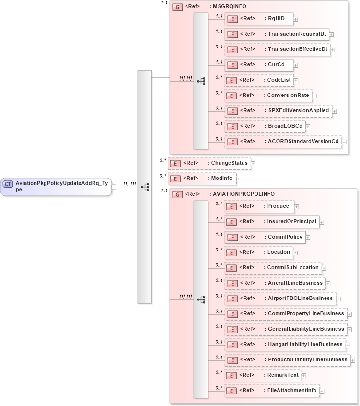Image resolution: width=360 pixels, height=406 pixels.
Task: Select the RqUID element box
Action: point(259,19)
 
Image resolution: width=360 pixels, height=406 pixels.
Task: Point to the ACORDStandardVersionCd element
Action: point(282,142)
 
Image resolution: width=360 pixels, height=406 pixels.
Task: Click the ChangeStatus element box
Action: point(209,163)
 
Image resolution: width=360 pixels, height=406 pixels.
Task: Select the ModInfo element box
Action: point(201,179)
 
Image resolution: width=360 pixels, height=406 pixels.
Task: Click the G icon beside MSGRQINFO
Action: point(177,7)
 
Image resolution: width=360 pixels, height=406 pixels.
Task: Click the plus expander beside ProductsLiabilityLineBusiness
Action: point(353,360)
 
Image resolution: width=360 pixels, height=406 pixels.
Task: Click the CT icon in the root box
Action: point(8,183)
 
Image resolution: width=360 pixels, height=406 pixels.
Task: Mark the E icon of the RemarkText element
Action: point(232,375)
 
